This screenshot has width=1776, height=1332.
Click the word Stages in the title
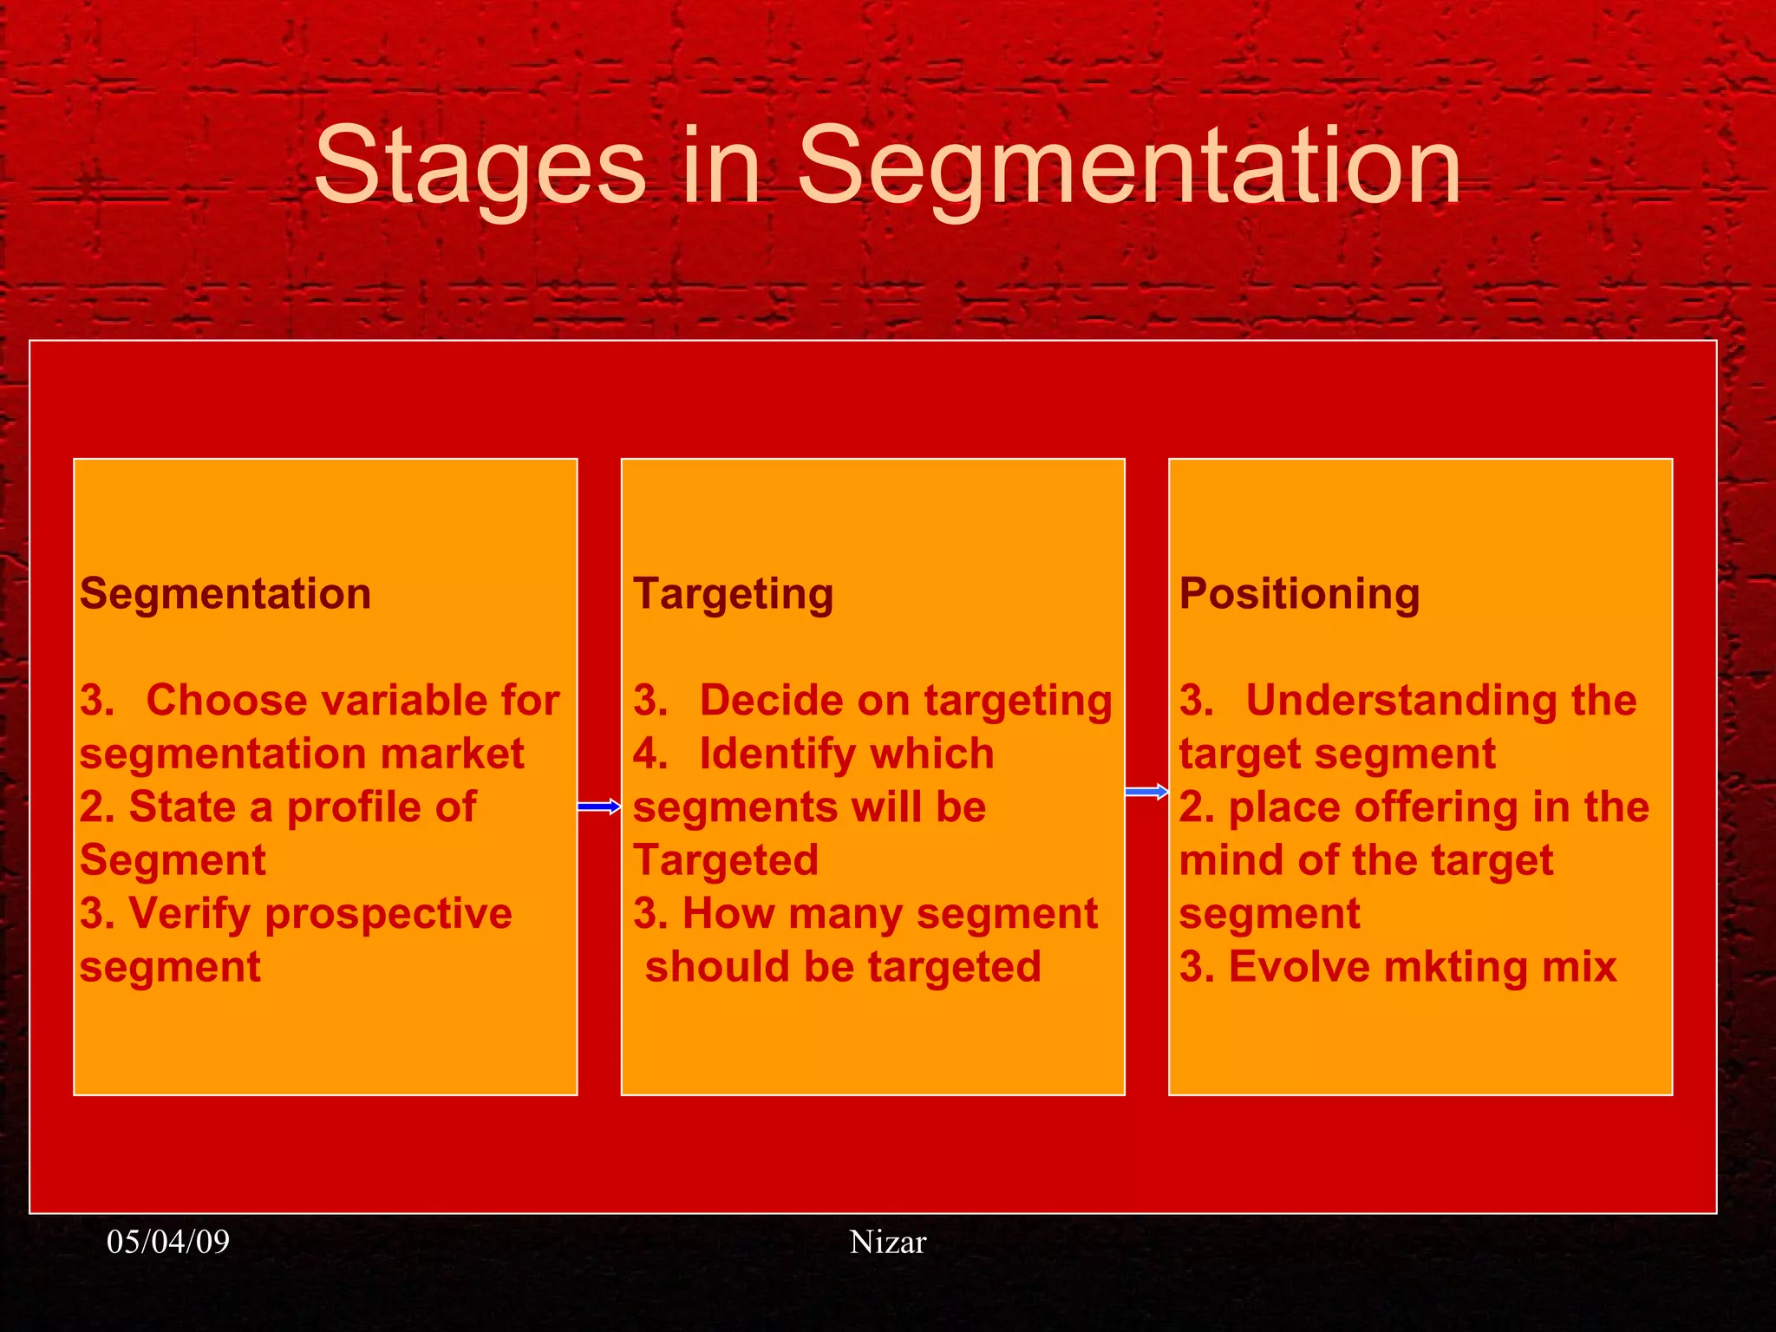tap(480, 165)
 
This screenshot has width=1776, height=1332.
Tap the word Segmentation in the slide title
tap(1128, 165)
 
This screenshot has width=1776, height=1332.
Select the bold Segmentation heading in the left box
tap(225, 594)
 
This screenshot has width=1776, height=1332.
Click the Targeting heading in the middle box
tap(733, 595)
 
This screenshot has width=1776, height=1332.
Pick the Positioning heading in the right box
tap(1299, 594)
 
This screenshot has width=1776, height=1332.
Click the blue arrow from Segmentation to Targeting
tap(599, 807)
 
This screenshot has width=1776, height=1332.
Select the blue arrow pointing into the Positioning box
tap(1146, 792)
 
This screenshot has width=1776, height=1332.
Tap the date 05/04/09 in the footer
tap(168, 1242)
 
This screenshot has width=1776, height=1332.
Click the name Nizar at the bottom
tap(887, 1242)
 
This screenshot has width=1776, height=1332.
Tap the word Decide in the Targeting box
tap(761, 700)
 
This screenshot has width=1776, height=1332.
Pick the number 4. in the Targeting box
tap(650, 754)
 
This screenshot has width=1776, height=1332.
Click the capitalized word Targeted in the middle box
tap(725, 860)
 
